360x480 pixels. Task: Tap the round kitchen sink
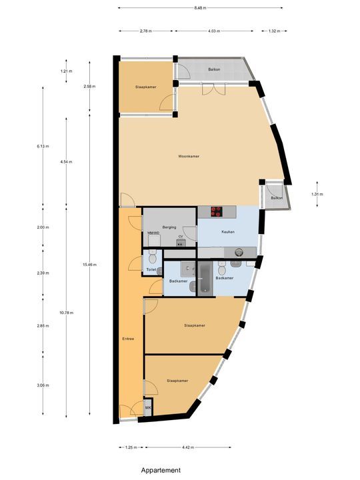coord(239,252)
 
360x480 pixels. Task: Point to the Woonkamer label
coord(189,157)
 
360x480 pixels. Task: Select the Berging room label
coord(170,227)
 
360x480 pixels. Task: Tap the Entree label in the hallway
coord(128,339)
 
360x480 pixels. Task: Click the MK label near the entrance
coord(149,407)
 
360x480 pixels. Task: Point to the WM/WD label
coord(153,233)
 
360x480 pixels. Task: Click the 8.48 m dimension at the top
coord(200,8)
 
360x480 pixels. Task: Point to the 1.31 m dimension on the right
coord(317,194)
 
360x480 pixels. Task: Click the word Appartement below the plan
coord(160,470)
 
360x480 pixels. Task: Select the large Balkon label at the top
coord(214,69)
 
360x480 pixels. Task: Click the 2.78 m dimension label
coord(145,31)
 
